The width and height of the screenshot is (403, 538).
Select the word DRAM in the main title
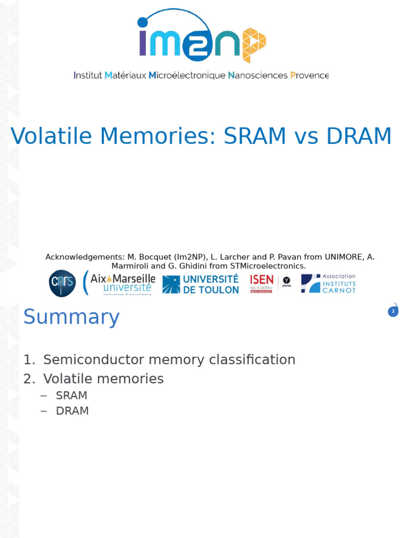[359, 137]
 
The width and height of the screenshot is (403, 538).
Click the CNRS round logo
[62, 283]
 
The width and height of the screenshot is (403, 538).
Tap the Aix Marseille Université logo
[119, 283]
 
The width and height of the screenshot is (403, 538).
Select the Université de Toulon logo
[201, 284]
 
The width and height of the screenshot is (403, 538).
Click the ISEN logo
[262, 283]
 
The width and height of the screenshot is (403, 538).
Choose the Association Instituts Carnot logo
[328, 283]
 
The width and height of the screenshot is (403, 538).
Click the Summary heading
[71, 317]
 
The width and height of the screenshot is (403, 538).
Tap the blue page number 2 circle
[393, 312]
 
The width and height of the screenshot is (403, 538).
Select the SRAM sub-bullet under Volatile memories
[71, 396]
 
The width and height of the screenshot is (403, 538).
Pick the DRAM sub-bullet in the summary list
[72, 411]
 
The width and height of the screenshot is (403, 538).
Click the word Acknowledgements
[84, 257]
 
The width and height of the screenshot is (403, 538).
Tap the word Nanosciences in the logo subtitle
[258, 76]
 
